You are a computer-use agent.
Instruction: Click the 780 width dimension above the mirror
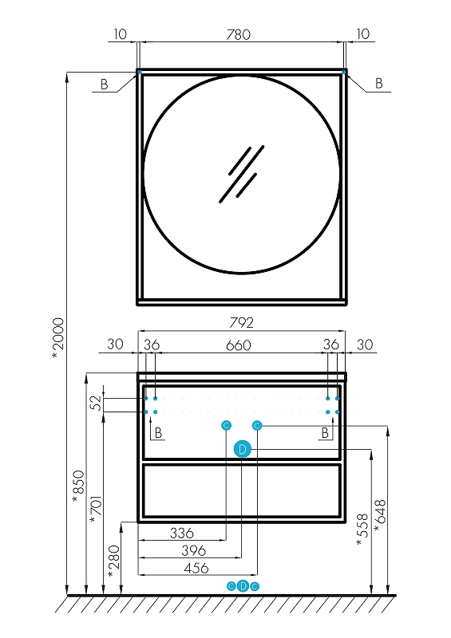239,34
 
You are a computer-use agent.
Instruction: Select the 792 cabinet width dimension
241,323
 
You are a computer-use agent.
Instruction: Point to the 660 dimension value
239,345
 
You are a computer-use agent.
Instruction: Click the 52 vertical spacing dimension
96,403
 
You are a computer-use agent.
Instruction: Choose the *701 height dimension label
96,510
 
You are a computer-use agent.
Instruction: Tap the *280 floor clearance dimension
113,561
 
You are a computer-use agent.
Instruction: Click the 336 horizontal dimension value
182,533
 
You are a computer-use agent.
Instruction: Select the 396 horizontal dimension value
193,550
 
